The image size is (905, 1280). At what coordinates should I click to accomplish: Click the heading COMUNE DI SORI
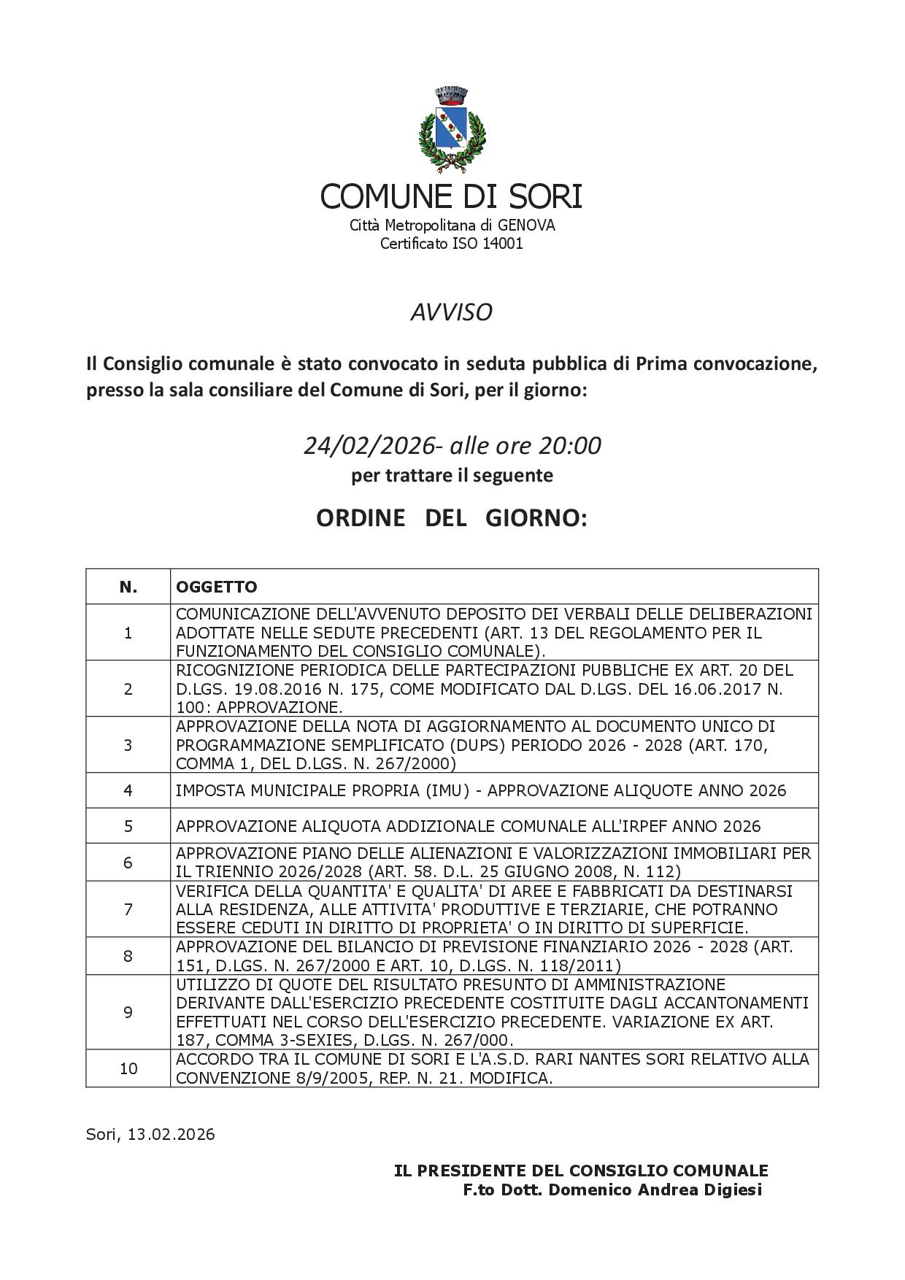pos(451,196)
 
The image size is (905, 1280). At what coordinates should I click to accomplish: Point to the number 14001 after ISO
pos(503,244)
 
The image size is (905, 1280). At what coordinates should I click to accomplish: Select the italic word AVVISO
pos(451,312)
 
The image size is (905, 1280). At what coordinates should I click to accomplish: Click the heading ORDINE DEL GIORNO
pos(451,518)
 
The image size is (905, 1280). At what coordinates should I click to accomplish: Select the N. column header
pos(128,587)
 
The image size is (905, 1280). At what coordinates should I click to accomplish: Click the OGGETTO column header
pos(217,587)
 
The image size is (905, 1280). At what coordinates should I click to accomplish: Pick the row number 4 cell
pos(128,790)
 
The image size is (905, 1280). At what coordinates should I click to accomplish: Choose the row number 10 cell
pos(128,1068)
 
